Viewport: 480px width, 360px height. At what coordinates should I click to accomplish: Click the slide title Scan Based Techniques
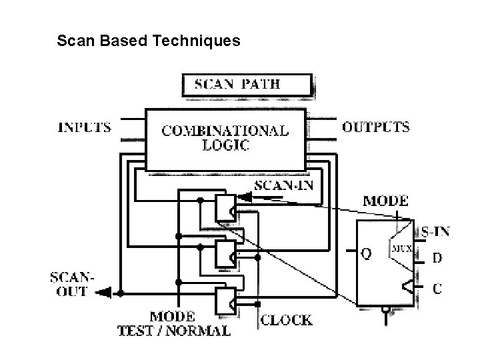149,41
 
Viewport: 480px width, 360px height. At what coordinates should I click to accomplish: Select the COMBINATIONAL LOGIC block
225,139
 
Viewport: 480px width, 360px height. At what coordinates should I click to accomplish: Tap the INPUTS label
85,127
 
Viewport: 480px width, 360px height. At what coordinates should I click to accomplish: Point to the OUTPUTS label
376,127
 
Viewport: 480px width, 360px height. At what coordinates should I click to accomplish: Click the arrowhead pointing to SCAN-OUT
102,292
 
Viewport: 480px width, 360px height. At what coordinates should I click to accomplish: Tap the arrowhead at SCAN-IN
245,197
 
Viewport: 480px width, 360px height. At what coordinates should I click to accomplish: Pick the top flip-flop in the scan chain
224,209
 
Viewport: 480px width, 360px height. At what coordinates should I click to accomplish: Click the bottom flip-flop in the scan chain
224,301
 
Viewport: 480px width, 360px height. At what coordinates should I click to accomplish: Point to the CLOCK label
286,320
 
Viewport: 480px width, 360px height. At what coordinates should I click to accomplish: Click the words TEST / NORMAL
174,330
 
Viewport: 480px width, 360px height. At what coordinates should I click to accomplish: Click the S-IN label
435,232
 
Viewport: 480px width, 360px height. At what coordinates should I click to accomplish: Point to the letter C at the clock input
436,289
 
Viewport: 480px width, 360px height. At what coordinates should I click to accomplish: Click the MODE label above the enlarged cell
385,200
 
